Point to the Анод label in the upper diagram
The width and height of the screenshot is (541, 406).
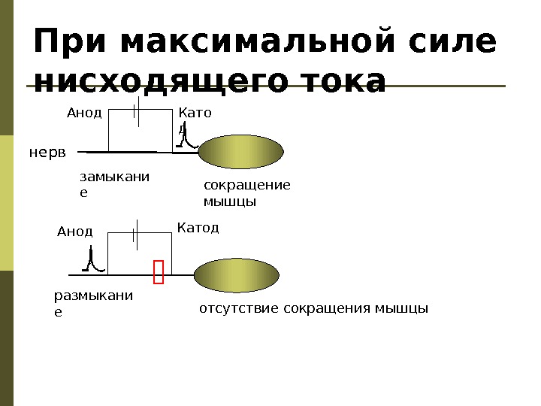pos(84,114)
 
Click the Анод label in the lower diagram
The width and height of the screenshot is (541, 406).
pos(74,231)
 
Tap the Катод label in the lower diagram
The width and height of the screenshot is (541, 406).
pos(198,227)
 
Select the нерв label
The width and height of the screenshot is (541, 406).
pos(47,153)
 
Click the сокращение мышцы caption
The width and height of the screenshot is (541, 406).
pos(246,193)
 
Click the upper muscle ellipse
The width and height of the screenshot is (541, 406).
pos(240,152)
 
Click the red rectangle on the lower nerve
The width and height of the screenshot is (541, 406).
pos(158,272)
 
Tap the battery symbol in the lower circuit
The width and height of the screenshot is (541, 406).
pos(135,234)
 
